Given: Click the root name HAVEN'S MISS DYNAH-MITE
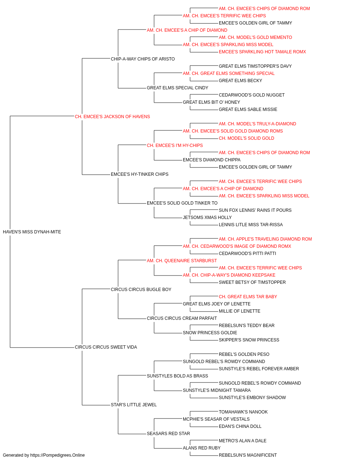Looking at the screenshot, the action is (x=32, y=232).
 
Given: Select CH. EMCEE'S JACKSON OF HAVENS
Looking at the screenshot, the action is (x=112, y=117).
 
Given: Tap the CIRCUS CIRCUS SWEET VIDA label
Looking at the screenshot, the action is (x=106, y=347).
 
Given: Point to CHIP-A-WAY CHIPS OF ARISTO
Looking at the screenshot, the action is (x=143, y=59).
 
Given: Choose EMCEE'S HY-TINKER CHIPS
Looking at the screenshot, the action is (x=140, y=174).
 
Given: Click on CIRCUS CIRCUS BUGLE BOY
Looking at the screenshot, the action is (x=141, y=289).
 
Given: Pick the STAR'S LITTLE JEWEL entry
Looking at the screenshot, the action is (x=134, y=404).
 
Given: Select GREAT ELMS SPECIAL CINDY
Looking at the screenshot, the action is (x=177, y=88).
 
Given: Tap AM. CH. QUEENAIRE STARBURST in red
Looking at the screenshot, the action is (x=182, y=260).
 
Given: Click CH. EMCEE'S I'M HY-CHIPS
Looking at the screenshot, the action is (x=175, y=146).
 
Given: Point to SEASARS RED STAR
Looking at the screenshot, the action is (x=168, y=433).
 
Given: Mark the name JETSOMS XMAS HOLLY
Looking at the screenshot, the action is (x=207, y=218).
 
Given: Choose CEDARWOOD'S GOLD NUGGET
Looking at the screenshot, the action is (x=252, y=95).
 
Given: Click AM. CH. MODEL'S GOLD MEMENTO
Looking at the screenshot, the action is (x=255, y=37).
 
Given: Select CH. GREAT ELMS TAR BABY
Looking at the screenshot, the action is (x=248, y=296).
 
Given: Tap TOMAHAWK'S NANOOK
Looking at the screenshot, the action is (x=243, y=412).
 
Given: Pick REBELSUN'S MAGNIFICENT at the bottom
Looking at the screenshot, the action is (x=248, y=455).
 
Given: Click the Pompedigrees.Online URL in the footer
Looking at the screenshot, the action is (x=57, y=455).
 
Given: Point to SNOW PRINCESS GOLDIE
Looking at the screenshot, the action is (x=210, y=333).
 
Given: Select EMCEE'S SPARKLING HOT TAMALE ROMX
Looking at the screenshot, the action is (x=262, y=52).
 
